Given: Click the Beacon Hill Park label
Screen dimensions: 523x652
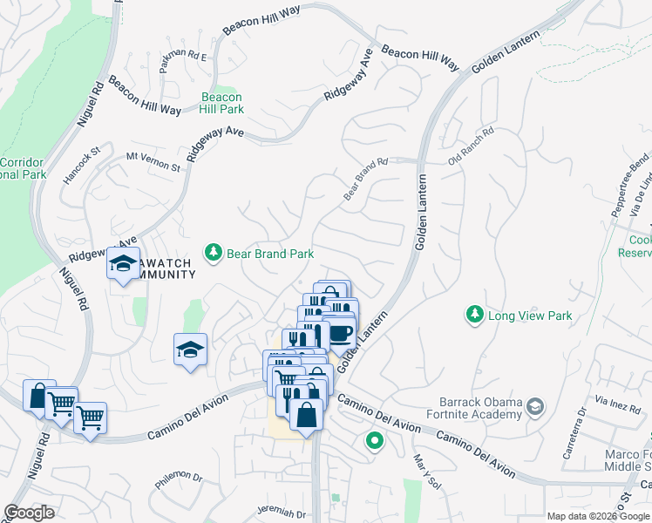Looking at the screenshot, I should pyautogui.click(x=221, y=103).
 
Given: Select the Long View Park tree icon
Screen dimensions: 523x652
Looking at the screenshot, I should pyautogui.click(x=474, y=314).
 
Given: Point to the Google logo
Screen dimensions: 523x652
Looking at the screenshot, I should pyautogui.click(x=29, y=513).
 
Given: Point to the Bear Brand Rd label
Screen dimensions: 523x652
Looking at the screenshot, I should pyautogui.click(x=365, y=179).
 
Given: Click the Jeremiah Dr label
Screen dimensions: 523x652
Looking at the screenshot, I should pyautogui.click(x=282, y=513).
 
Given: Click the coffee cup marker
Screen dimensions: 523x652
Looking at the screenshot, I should pyautogui.click(x=339, y=332).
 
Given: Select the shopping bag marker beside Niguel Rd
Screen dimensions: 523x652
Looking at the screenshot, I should pyautogui.click(x=38, y=396).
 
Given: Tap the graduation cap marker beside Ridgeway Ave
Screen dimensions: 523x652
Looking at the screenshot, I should pyautogui.click(x=123, y=262).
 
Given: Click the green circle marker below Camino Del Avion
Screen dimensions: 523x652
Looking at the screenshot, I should pyautogui.click(x=375, y=442).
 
